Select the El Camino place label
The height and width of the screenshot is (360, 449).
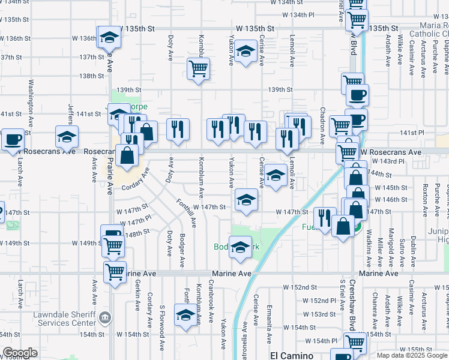coord(291,355)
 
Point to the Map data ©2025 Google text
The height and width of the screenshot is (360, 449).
coord(412,355)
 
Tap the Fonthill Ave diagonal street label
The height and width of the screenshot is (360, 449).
coord(186,213)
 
